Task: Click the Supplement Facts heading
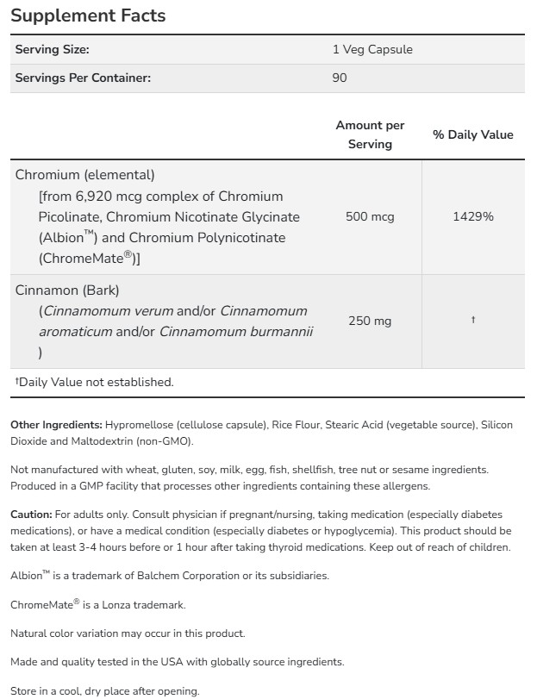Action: coord(88,16)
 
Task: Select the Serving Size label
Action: coord(52,50)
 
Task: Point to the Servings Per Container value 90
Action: coord(340,78)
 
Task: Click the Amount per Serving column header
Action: coord(370,134)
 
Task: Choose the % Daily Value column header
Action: coord(472,134)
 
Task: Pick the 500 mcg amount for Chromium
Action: coord(370,216)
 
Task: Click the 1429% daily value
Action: coord(472,216)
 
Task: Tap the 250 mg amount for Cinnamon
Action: coord(370,321)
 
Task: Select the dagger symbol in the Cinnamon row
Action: coord(472,321)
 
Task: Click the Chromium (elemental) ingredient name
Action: coord(85,174)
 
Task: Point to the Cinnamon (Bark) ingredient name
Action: coord(67,290)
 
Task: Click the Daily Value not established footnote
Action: coord(94,382)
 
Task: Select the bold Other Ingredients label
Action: coord(56,425)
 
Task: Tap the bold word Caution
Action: coord(30,515)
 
